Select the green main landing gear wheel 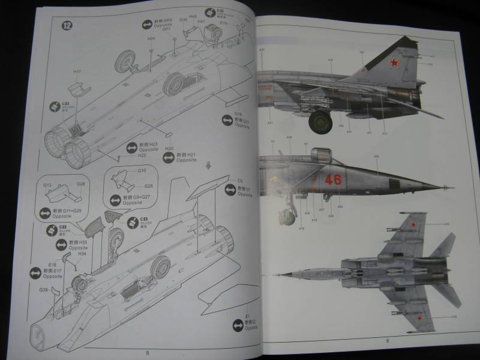click(x=320, y=123)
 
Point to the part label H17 click(x=77, y=71)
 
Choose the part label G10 click(x=142, y=170)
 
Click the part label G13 click(x=49, y=184)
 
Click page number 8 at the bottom click(x=147, y=352)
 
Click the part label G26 click(x=149, y=185)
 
